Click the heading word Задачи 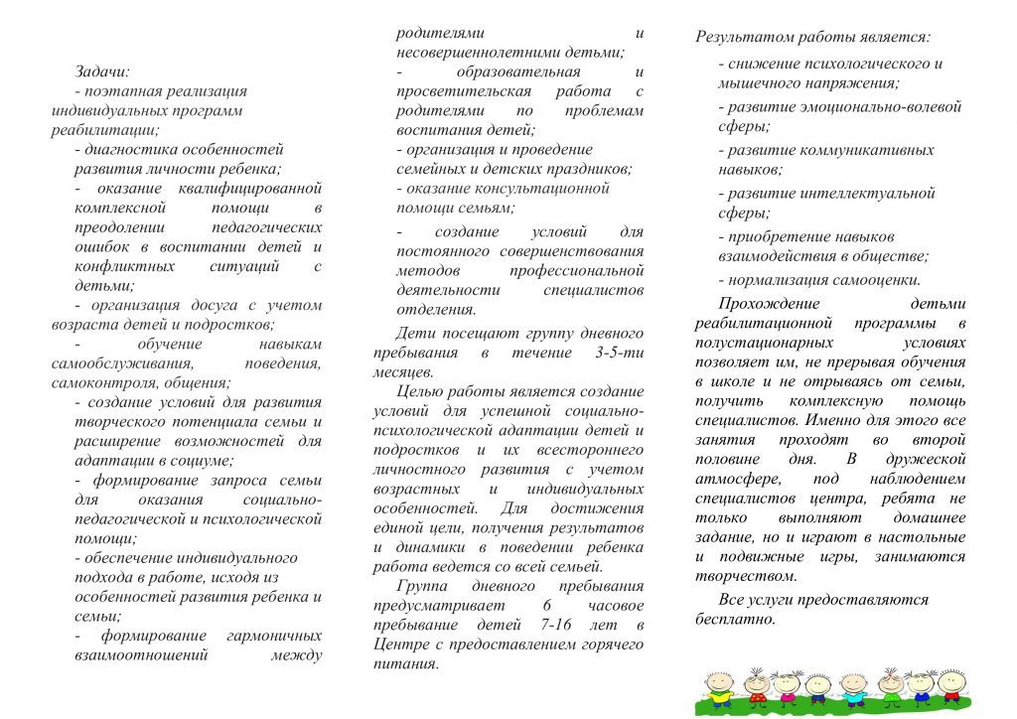(101, 72)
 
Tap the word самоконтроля (96, 381)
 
